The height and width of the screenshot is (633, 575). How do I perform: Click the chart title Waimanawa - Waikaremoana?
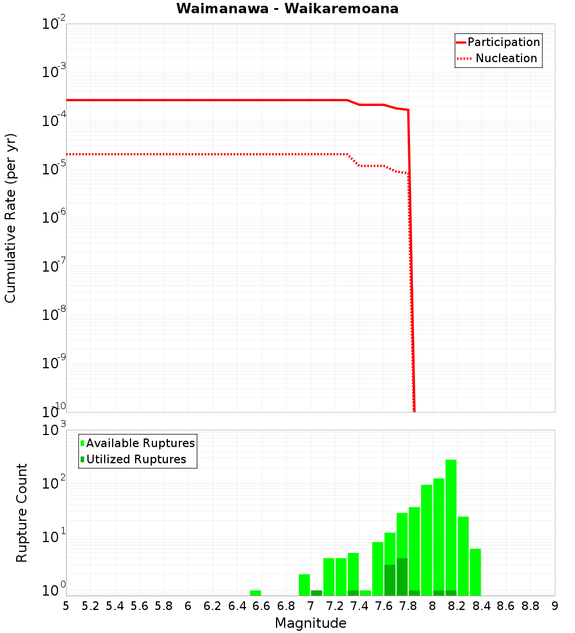click(287, 9)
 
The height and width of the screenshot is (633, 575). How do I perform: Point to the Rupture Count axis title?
click(22, 513)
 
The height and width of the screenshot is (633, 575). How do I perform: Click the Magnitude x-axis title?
click(310, 623)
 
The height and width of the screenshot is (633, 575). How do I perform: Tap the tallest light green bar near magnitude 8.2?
click(451, 527)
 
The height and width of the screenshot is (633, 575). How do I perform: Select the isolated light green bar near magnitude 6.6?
click(255, 593)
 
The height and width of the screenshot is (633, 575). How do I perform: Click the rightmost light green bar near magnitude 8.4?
click(475, 571)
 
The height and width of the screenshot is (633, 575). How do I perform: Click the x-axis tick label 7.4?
click(359, 606)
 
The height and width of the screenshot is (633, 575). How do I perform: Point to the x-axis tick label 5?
click(66, 606)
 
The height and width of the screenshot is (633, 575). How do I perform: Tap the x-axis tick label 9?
click(554, 606)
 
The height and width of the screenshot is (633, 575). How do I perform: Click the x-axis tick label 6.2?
click(212, 606)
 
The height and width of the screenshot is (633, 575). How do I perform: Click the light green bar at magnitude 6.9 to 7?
click(304, 585)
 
